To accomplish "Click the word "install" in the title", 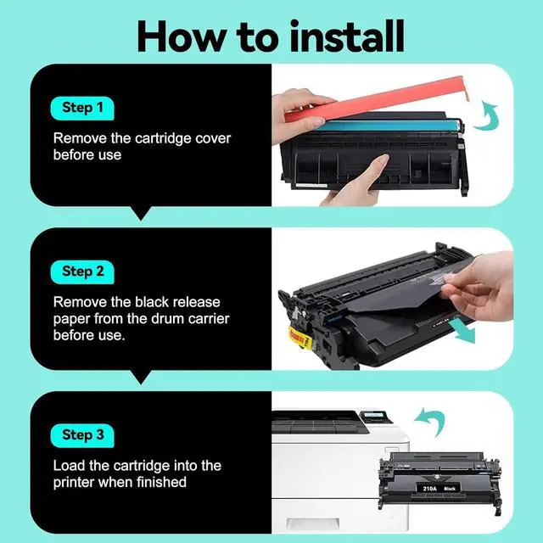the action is click(347, 36).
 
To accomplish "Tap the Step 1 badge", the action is click(82, 108).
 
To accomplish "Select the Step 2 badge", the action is click(82, 271).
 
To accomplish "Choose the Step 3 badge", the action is click(82, 435).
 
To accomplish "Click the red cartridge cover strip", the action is click(376, 100).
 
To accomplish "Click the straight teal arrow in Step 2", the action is click(462, 331).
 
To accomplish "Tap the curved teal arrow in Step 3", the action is click(430, 421).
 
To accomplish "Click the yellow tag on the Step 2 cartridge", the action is click(299, 337).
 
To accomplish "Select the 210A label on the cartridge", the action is click(430, 489).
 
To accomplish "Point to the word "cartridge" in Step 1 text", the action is click(163, 139).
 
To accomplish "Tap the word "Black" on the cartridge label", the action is click(450, 489).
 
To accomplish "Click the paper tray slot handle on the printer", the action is click(312, 523).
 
